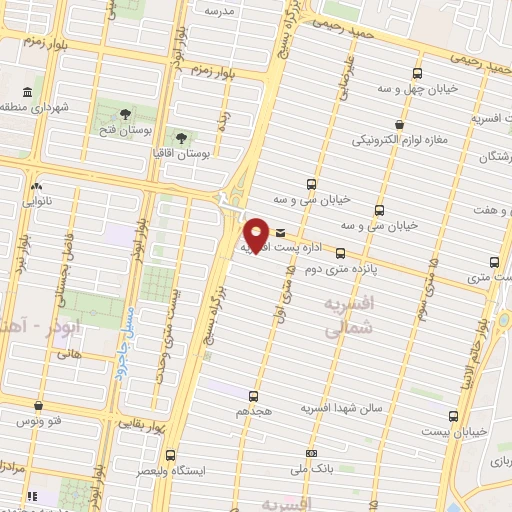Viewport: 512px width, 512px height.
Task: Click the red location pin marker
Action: [x=257, y=234]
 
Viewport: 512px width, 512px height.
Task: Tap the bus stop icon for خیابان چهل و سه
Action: [x=419, y=73]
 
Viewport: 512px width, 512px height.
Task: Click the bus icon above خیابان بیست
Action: [x=453, y=415]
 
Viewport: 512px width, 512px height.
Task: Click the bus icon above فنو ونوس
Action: [x=39, y=406]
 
